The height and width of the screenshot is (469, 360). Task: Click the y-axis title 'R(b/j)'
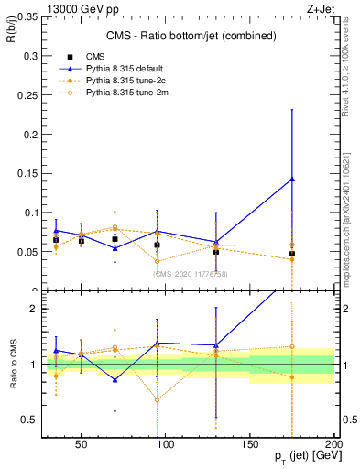point(9,30)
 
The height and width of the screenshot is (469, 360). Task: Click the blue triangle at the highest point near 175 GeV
point(292,179)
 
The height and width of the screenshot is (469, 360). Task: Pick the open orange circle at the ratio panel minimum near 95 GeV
point(158,399)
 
